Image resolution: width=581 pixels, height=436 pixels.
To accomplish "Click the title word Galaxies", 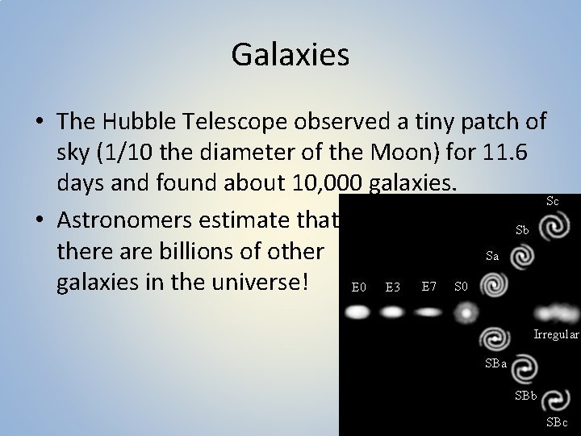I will pyautogui.click(x=290, y=55).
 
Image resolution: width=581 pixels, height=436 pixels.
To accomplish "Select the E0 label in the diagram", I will pyautogui.click(x=360, y=287).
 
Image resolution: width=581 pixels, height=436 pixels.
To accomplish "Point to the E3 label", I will pyautogui.click(x=394, y=287).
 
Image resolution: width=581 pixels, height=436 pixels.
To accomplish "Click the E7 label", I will pyautogui.click(x=429, y=286).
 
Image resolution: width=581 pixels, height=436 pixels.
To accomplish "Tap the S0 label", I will pyautogui.click(x=461, y=286).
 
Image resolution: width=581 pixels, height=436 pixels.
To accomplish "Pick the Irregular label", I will pyautogui.click(x=555, y=333).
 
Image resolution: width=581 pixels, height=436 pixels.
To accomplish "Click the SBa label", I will pyautogui.click(x=496, y=364).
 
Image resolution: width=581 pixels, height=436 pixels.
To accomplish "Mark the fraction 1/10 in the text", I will pyautogui.click(x=137, y=153).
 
